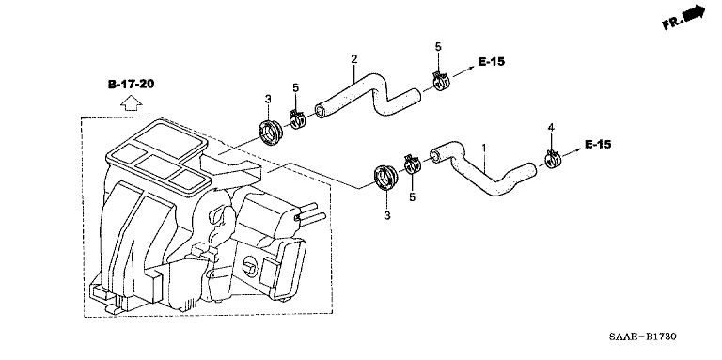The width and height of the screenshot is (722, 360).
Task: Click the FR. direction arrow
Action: [x=683, y=18]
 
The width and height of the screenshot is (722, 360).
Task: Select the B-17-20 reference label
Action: [x=132, y=85]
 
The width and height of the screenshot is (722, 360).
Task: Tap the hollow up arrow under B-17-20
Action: [x=132, y=103]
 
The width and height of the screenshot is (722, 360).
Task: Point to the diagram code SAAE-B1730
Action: [x=643, y=337]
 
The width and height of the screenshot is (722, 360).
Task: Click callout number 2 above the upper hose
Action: [x=353, y=59]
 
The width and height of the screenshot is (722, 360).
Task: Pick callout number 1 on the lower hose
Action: [x=484, y=149]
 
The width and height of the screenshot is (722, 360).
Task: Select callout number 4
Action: [x=551, y=128]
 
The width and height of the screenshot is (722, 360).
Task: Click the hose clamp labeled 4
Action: [x=552, y=159]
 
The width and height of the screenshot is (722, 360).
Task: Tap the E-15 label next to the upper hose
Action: [x=492, y=61]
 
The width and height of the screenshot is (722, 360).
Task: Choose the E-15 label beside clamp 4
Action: [x=598, y=144]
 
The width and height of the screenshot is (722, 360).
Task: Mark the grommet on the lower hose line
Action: [x=385, y=178]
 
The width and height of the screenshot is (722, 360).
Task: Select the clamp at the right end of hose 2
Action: [x=442, y=81]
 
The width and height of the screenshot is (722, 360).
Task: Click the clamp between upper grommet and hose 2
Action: [x=297, y=119]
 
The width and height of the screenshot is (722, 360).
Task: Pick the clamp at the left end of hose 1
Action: [x=413, y=164]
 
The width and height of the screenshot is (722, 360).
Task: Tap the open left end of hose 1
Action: [x=435, y=153]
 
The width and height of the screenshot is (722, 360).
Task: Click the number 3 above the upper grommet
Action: [x=268, y=99]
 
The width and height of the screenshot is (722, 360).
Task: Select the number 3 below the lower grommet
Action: [x=387, y=215]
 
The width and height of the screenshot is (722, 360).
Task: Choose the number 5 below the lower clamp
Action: [x=413, y=197]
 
